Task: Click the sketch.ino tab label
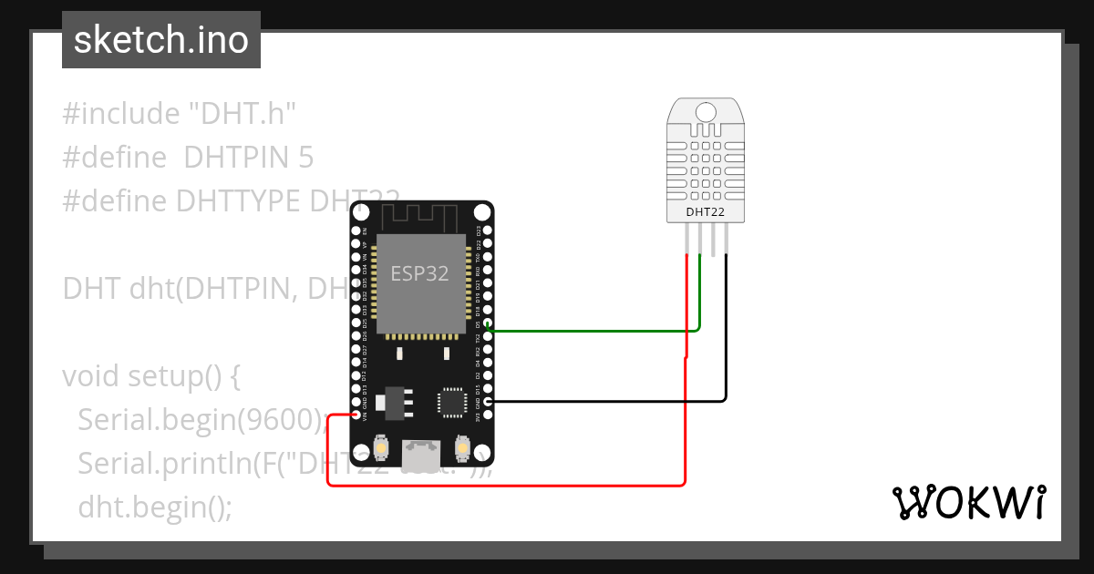161,40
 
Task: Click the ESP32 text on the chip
419,272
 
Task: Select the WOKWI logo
967,502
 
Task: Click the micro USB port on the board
422,451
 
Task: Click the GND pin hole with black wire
488,402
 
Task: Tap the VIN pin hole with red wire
356,415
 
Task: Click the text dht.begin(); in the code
155,506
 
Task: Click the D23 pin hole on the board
488,231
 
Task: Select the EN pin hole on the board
356,231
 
